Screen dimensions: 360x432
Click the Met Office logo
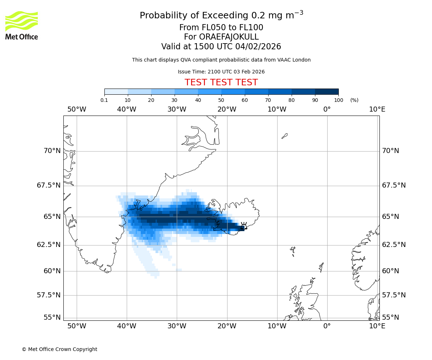[x=22, y=25]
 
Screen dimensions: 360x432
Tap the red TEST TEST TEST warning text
[x=221, y=82]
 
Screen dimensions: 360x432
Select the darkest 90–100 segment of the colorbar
[x=327, y=92]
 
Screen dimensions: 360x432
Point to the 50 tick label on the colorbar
[x=221, y=100]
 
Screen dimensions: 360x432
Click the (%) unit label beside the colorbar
[x=354, y=100]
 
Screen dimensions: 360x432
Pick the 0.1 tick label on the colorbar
[x=104, y=100]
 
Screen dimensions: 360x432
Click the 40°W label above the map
[x=127, y=109]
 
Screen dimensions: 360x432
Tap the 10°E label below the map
[x=377, y=326]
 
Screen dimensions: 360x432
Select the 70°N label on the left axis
[x=52, y=151]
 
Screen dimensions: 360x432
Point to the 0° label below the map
[x=327, y=326]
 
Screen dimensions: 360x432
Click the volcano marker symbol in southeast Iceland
[x=244, y=226]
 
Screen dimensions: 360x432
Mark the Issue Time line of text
[x=221, y=72]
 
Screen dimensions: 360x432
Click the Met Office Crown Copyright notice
[x=59, y=349]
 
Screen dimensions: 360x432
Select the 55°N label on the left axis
[x=52, y=318]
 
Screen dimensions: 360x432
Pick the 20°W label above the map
[x=227, y=109]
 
